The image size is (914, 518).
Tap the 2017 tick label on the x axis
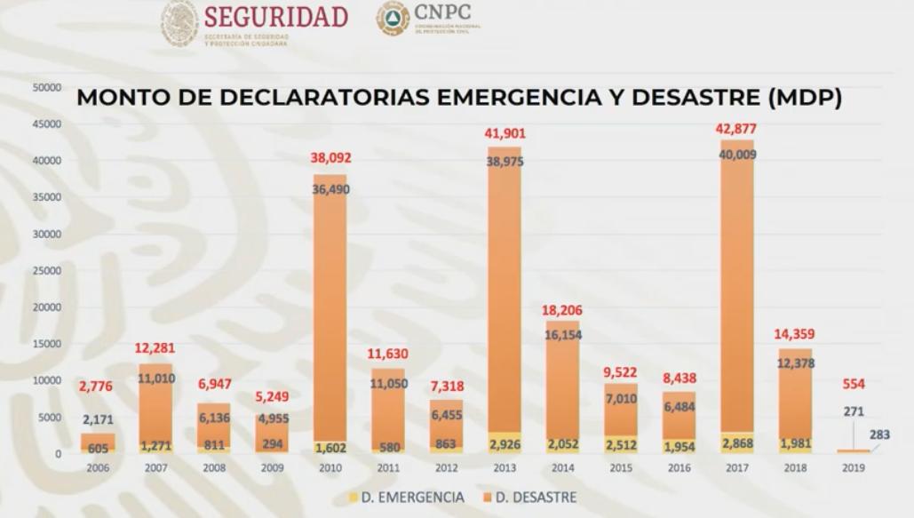pos(736,468)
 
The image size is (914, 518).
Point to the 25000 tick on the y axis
pos(47,271)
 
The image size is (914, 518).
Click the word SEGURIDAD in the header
pos(275,18)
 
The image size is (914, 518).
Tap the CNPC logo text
pos(441,12)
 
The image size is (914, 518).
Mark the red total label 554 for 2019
pos(854,384)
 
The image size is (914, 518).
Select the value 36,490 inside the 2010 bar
pos(330,189)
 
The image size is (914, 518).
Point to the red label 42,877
pos(736,129)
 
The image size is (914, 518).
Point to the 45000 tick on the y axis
pos(47,124)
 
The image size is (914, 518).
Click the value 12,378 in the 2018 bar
pos(795,363)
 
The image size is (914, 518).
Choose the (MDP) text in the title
pos(805,98)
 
